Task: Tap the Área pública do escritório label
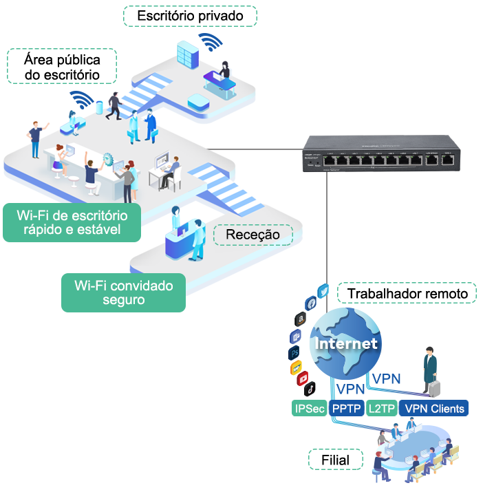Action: coord(62,67)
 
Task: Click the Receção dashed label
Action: coord(253,235)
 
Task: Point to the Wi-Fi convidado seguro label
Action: coord(123,292)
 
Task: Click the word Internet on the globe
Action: coord(345,343)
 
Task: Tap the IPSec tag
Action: coord(310,409)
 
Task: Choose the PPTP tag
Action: coord(347,409)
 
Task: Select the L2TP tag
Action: coord(382,409)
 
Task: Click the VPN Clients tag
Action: coord(434,409)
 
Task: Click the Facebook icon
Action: coord(310,303)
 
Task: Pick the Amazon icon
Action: coord(300,319)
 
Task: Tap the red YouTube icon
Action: coord(301,379)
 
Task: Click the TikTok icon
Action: coord(310,389)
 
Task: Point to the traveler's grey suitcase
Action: coord(434,388)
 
